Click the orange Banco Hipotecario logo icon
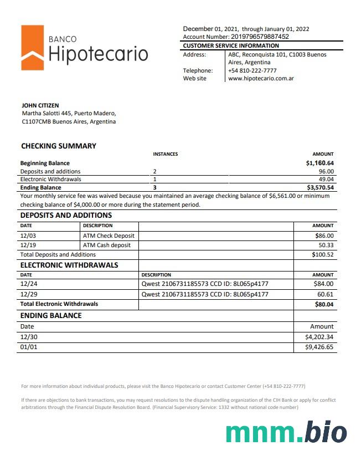point(32,48)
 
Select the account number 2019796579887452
point(260,37)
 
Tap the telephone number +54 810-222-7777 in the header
point(252,70)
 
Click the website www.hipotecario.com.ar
point(261,79)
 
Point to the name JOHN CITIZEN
point(40,105)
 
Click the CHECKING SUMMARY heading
point(59,146)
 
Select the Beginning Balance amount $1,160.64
point(320,163)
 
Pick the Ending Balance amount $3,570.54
point(320,188)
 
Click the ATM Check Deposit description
point(109,235)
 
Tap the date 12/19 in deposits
point(28,245)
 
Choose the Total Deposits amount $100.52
point(323,254)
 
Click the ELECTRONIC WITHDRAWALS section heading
point(69,265)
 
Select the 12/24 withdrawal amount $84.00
point(323,284)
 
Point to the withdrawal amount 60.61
point(326,294)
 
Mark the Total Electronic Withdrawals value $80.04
point(323,304)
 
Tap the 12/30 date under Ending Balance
point(28,337)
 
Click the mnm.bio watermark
point(286,433)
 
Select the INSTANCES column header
point(165,154)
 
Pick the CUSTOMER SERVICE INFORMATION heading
point(231,45)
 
